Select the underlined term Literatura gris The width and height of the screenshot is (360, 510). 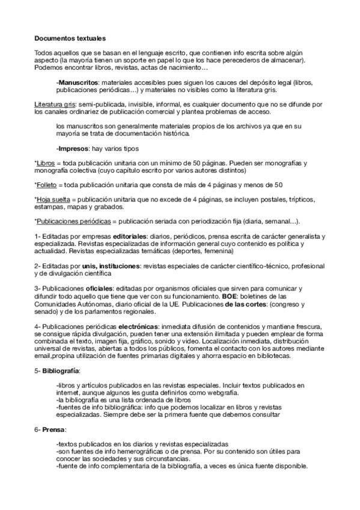tap(51, 103)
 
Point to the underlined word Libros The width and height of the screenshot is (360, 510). tap(45, 163)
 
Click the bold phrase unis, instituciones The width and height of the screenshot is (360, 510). tap(102, 265)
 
